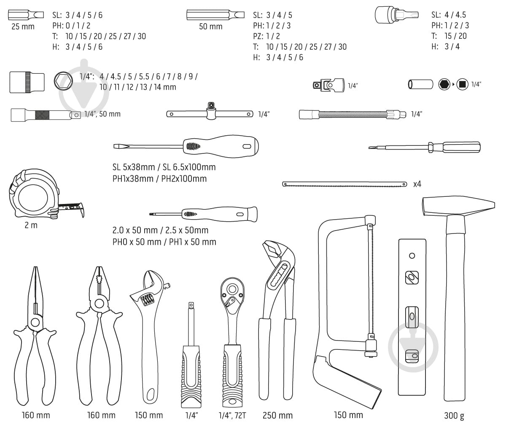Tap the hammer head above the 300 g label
tap(458, 207)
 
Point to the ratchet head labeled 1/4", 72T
tap(231, 295)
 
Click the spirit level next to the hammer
tap(412, 316)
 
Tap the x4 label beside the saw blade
tap(417, 184)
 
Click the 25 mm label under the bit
tap(23, 27)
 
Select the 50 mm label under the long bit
tap(210, 27)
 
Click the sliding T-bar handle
tap(210, 113)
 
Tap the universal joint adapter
tap(329, 85)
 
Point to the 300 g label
tap(454, 416)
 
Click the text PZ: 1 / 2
tap(266, 36)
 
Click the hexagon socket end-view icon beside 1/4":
tap(64, 80)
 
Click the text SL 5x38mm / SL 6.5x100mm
tap(164, 167)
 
